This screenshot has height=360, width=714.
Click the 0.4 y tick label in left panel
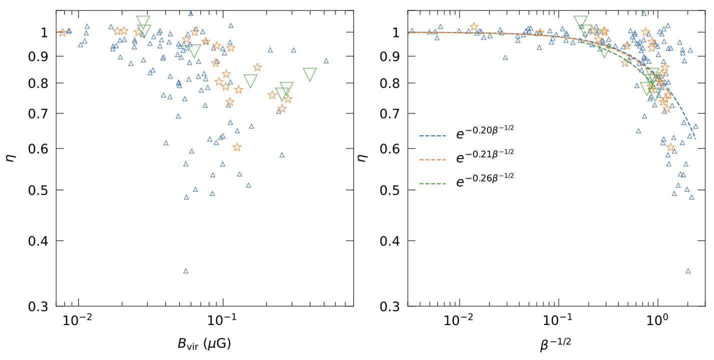pyautogui.click(x=36, y=241)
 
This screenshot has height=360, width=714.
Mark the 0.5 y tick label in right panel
pyautogui.click(x=391, y=190)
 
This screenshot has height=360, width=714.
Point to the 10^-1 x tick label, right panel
pyautogui.click(x=558, y=320)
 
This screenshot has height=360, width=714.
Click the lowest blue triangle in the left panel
pyautogui.click(x=186, y=271)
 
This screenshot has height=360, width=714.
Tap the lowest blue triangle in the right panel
pyautogui.click(x=688, y=271)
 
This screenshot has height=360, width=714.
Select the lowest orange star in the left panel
pyautogui.click(x=237, y=147)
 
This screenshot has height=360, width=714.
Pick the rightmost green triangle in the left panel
pyautogui.click(x=310, y=74)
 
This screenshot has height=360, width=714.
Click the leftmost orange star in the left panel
pyautogui.click(x=62, y=32)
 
